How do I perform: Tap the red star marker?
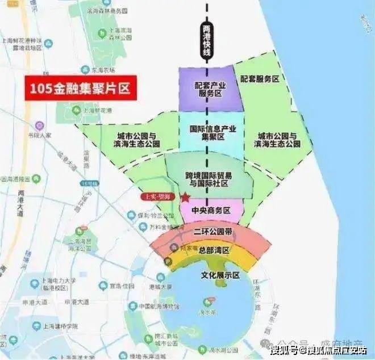point(185,197)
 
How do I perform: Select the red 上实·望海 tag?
point(159,196)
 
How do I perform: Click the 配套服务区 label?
point(260,79)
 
